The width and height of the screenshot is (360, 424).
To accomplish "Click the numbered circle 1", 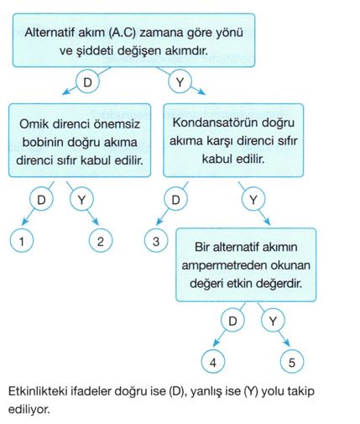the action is (x=22, y=241).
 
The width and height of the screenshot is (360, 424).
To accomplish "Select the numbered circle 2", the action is (x=101, y=241).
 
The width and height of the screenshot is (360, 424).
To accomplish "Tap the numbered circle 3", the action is (x=156, y=241).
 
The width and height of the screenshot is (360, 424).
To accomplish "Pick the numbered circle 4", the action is (x=213, y=362).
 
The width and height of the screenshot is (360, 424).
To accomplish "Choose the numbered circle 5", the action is (x=292, y=362).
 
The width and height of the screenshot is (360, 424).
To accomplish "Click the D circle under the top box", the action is (x=87, y=82).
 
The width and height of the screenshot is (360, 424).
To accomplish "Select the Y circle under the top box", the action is (x=180, y=82).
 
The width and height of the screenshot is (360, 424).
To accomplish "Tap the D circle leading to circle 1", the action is (x=41, y=200).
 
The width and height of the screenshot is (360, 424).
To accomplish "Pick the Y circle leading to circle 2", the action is (x=81, y=200).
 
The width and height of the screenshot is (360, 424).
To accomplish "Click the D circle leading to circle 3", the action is (x=175, y=200).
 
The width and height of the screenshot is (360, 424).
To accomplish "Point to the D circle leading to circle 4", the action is (x=232, y=321).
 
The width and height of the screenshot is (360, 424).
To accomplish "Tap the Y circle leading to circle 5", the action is (x=273, y=321).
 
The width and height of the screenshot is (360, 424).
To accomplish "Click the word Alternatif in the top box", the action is (x=50, y=33).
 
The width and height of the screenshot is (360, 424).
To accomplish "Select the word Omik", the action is (x=34, y=124).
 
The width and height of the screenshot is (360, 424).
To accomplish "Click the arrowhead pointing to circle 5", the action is (x=288, y=343).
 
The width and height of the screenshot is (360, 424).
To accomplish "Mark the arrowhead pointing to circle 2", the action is (x=96, y=222).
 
